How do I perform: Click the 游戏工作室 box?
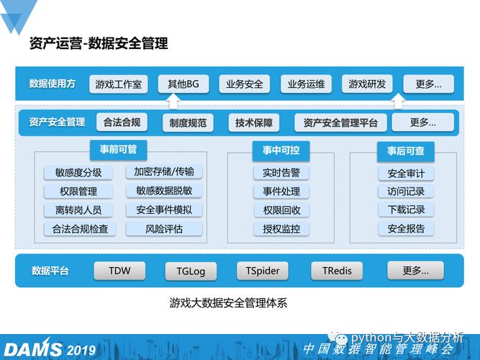[119, 84]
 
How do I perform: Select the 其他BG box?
[184, 84]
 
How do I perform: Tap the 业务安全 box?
[244, 84]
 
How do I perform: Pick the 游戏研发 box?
[367, 84]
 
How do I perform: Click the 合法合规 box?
[122, 122]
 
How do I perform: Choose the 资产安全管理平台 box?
[340, 122]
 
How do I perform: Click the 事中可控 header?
[271, 150]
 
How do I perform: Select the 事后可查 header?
[406, 150]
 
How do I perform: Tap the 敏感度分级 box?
[78, 173]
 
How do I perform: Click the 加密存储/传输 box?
[164, 172]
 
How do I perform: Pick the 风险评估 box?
[164, 229]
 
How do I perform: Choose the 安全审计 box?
[406, 174]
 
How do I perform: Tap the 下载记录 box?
[406, 210]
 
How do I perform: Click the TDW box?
[119, 271]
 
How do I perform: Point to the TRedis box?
[337, 271]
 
